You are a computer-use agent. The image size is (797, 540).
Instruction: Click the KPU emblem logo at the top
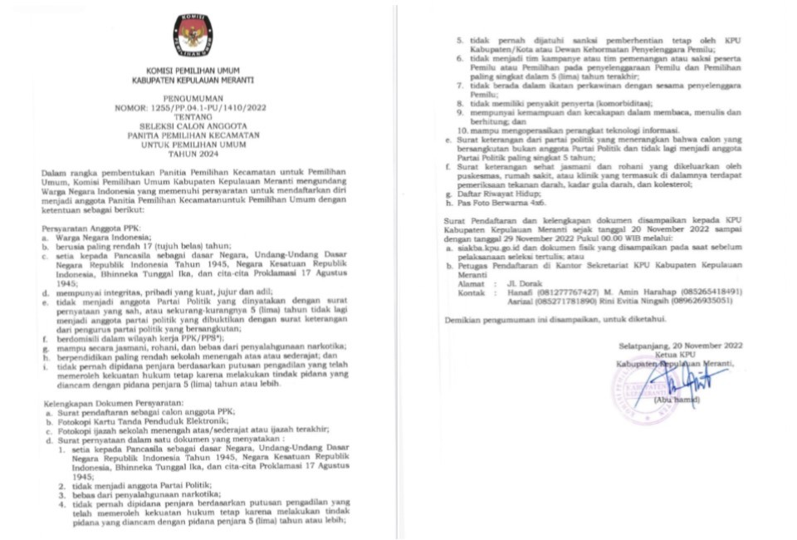click(x=193, y=35)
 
